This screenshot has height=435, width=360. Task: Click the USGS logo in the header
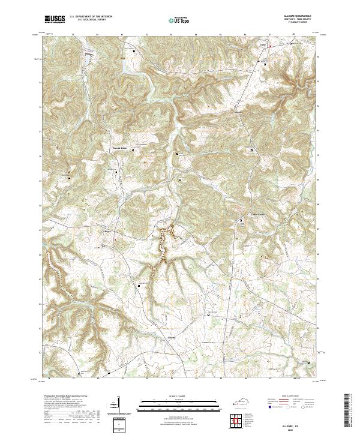tap(55, 19)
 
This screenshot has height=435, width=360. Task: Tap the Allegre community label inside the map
tap(107, 230)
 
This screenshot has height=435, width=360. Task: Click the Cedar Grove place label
tap(257, 214)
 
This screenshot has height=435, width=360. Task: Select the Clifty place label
tap(262, 44)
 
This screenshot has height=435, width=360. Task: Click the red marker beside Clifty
tap(270, 46)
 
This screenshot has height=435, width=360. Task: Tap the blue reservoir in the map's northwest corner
tap(88, 59)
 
